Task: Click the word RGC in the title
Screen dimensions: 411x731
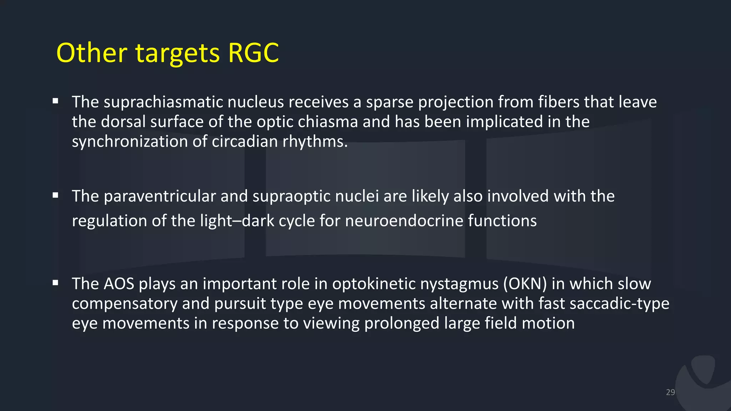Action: (x=253, y=53)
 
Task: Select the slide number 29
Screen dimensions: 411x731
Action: (x=670, y=392)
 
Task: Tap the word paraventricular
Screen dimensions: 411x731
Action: (x=160, y=196)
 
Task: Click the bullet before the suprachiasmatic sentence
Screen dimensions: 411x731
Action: (x=55, y=101)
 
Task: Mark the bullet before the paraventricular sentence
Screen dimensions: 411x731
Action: (x=55, y=195)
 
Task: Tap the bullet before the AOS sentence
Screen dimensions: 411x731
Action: (x=55, y=283)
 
